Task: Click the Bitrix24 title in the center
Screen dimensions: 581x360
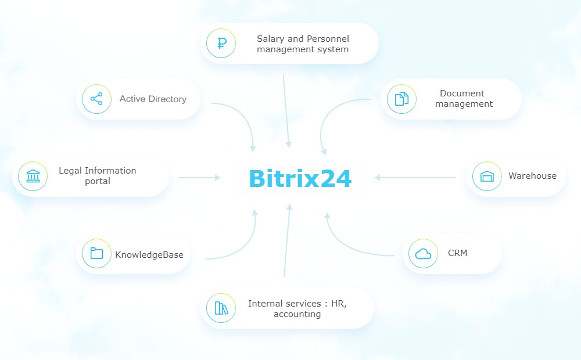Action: pos(300,179)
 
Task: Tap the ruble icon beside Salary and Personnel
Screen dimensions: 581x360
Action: pos(221,44)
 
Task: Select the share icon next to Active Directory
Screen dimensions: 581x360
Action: pos(96,99)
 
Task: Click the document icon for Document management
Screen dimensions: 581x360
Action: pos(401,99)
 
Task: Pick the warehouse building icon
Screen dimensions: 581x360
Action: pos(487,176)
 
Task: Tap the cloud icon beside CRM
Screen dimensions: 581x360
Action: pos(423,253)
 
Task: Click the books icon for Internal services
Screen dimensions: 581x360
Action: pos(221,308)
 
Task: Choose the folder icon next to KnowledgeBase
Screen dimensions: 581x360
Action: pos(96,254)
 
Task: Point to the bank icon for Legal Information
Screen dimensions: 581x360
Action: pos(33,176)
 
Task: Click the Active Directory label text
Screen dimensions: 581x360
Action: pos(153,99)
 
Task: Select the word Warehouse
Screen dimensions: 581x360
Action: pos(532,176)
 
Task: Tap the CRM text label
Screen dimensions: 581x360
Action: pos(457,253)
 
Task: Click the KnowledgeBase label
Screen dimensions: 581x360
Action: pos(149,254)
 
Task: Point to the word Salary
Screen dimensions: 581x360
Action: pos(271,39)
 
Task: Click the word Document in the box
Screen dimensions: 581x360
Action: pos(462,93)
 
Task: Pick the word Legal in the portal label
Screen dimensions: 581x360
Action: pos(70,171)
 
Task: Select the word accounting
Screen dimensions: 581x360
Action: pos(297,314)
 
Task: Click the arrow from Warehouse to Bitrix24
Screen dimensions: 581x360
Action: pos(415,178)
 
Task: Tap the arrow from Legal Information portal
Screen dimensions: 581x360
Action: pos(199,178)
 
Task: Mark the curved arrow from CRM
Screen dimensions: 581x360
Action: pos(349,247)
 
